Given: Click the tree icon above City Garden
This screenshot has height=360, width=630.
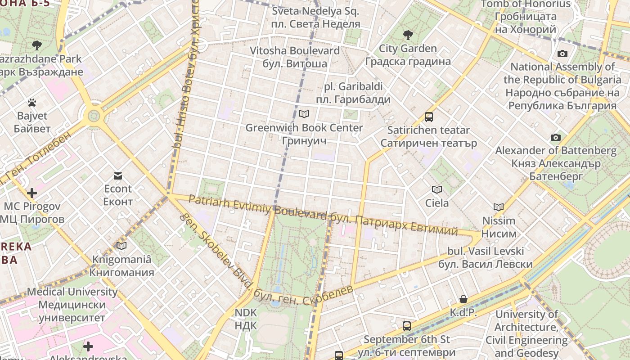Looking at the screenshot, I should click(408, 35).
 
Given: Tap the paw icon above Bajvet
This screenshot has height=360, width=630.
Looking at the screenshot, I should click(31, 103).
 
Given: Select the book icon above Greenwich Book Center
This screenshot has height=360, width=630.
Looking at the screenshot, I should click(304, 114).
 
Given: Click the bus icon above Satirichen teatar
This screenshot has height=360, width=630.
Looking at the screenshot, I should click(428, 117).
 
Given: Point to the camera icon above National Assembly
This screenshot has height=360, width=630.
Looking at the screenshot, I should click(562, 54).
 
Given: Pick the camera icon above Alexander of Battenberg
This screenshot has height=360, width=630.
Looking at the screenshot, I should click(556, 137).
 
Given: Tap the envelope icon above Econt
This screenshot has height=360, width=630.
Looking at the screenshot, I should click(118, 175).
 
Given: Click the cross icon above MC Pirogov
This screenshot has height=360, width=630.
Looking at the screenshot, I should click(32, 193).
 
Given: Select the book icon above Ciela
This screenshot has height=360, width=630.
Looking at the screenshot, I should click(437, 189).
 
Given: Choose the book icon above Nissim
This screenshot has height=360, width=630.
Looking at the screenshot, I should click(499, 207).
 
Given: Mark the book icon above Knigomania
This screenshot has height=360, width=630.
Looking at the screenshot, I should click(121, 246).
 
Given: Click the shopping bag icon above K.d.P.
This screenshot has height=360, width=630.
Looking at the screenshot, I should click(463, 299).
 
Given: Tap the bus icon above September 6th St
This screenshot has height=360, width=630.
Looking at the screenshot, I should click(407, 326).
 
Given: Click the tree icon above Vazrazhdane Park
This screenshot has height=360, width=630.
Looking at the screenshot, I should click(37, 45).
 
